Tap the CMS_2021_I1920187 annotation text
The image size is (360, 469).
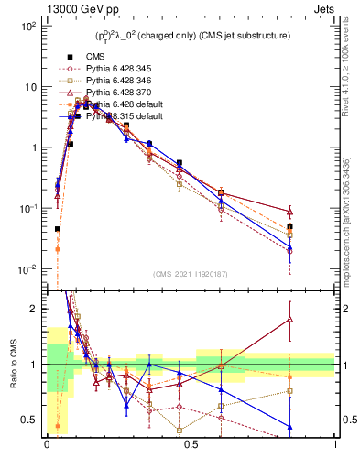pyautogui.click(x=191, y=275)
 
